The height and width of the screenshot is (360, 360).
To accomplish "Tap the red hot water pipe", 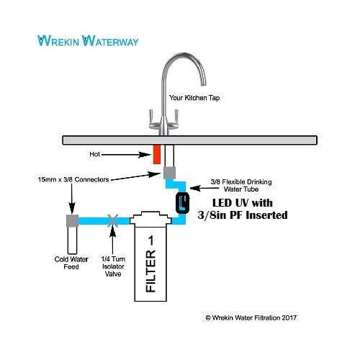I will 156,153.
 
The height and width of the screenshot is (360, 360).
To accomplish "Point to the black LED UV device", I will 182,203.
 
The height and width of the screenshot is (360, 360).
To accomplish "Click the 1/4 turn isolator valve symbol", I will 110,221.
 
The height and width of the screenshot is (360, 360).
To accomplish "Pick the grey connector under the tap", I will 170,174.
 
